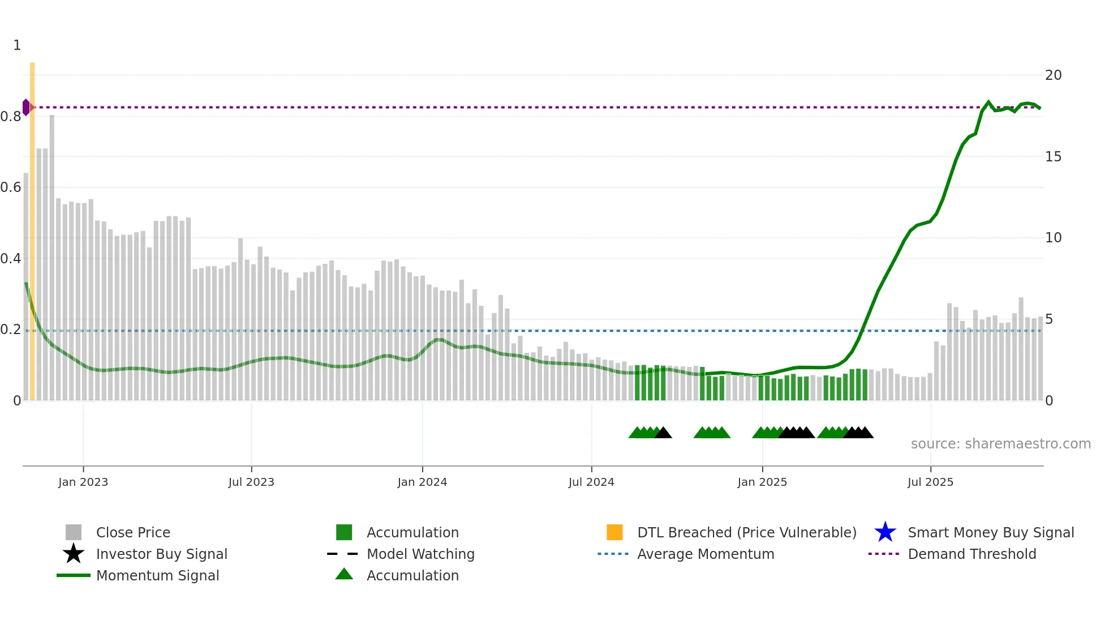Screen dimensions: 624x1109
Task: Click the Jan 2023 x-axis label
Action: [x=83, y=482]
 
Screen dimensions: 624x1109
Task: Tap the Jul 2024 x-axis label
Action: [x=591, y=482]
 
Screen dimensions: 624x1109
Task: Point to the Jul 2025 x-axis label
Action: [x=930, y=482]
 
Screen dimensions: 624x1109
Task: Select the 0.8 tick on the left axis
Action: [x=11, y=117]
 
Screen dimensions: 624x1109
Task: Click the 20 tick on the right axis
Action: [x=1053, y=75]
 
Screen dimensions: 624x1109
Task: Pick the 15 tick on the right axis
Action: [x=1053, y=157]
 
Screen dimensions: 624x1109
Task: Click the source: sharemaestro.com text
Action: [x=1000, y=444]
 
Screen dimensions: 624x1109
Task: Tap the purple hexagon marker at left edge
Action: [x=26, y=107]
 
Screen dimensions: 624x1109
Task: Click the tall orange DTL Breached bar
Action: [x=32, y=226]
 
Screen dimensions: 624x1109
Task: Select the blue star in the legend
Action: [x=885, y=532]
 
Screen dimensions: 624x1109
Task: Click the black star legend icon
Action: [x=74, y=554]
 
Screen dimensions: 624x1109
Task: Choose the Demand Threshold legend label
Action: [x=972, y=554]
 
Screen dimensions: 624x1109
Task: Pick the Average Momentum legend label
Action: [x=706, y=554]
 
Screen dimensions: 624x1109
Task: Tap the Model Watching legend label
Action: [x=420, y=554]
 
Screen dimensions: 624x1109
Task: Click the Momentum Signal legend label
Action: [x=157, y=575]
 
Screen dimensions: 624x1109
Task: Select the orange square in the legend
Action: [x=614, y=532]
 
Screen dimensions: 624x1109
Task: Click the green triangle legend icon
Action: [x=344, y=574]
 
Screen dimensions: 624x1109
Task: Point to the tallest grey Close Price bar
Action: [x=52, y=255]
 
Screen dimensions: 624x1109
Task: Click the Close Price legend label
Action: [x=133, y=532]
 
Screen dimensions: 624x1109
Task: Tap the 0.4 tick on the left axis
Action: [x=11, y=259]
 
